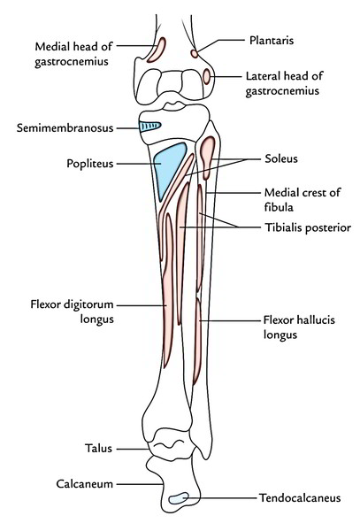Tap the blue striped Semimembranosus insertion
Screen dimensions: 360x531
pyautogui.click(x=149, y=127)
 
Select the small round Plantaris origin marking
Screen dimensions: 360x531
pyautogui.click(x=195, y=53)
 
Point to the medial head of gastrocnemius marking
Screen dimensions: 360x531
pyautogui.click(x=157, y=50)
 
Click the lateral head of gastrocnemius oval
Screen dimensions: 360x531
pyautogui.click(x=206, y=76)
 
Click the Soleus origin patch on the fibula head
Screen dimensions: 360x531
pyautogui.click(x=207, y=156)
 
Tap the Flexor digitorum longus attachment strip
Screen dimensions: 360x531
pyautogui.click(x=168, y=291)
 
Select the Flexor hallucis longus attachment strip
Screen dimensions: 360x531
pyautogui.click(x=197, y=341)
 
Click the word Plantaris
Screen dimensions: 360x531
pyautogui.click(x=272, y=41)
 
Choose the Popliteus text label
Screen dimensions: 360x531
pyautogui.click(x=89, y=164)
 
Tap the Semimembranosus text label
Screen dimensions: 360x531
pyautogui.click(x=65, y=128)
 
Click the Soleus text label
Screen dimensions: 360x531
pyautogui.click(x=281, y=158)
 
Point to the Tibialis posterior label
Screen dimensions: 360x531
pyautogui.click(x=308, y=227)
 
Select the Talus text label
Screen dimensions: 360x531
pyautogui.click(x=98, y=449)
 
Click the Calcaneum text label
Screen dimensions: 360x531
pyautogui.click(x=85, y=484)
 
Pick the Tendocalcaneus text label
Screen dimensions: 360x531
pyautogui.click(x=300, y=497)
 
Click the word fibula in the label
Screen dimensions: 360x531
pyautogui.click(x=279, y=207)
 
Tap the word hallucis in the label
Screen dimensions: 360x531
pyautogui.click(x=312, y=319)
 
